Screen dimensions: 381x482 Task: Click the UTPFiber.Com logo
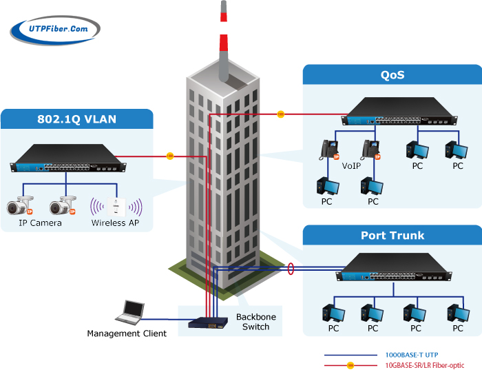click(x=55, y=29)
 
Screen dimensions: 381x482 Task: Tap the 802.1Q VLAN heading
click(x=76, y=119)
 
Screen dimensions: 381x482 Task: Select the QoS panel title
click(x=392, y=75)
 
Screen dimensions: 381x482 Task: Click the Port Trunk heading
click(x=392, y=236)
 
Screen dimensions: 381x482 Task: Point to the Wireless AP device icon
click(x=118, y=205)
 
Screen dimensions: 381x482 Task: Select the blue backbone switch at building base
click(x=210, y=322)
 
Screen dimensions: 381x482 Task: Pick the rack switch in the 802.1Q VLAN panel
click(x=69, y=158)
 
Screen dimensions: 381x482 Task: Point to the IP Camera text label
click(x=41, y=223)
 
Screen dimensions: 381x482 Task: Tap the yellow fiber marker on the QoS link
click(x=280, y=114)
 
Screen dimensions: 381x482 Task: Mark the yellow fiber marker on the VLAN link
click(x=170, y=156)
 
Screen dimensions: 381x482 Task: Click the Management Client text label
click(x=127, y=333)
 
